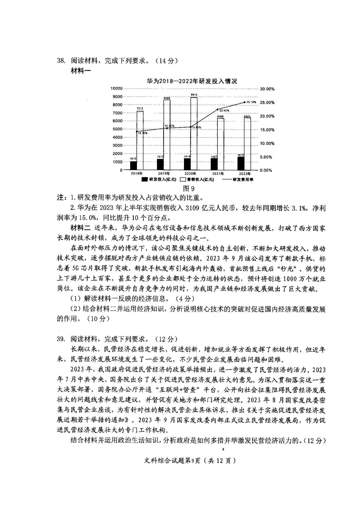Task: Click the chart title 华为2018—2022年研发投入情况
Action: [x=192, y=81]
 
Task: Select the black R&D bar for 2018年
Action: [x=133, y=165]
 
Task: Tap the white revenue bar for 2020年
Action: [x=194, y=133]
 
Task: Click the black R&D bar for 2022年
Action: [x=241, y=163]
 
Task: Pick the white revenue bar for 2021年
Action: [x=220, y=144]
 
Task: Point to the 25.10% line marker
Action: [x=245, y=102]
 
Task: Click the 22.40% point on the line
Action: [x=217, y=109]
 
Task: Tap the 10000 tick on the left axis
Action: [x=116, y=88]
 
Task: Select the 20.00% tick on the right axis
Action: [x=267, y=116]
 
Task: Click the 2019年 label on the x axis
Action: [x=164, y=174]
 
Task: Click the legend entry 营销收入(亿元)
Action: [x=197, y=180]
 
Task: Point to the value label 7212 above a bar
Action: [x=140, y=109]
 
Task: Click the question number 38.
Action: [x=61, y=61]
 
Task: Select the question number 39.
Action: [x=61, y=339]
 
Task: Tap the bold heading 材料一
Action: [x=81, y=71]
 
